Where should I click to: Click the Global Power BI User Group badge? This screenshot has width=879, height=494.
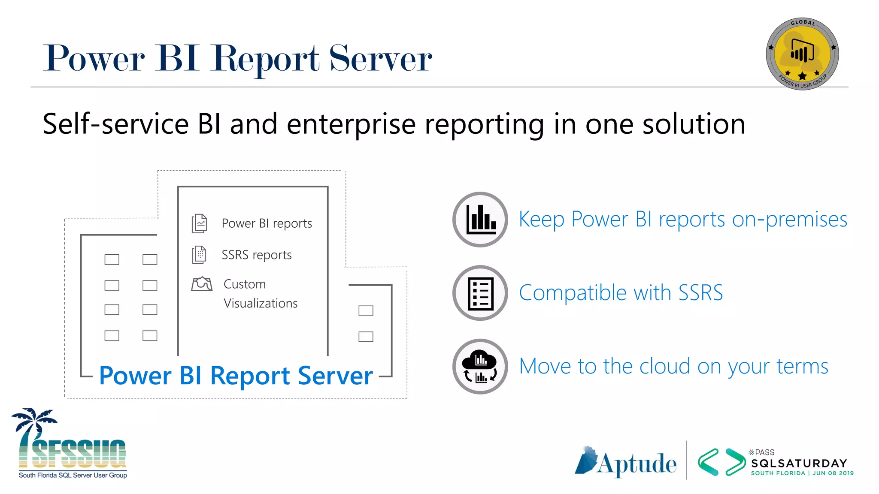(x=802, y=54)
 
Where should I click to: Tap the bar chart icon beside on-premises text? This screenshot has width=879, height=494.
(x=480, y=220)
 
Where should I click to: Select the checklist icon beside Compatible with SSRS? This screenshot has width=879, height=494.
(x=480, y=293)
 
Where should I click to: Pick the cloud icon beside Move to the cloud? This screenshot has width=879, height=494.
(x=480, y=367)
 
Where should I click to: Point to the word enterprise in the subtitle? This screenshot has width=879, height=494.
(x=351, y=124)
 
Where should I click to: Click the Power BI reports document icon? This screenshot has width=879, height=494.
(x=199, y=223)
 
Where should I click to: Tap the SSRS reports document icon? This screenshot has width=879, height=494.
(x=199, y=255)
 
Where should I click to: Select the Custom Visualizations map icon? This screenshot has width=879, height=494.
(x=202, y=284)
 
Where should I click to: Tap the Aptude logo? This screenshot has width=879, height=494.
(x=626, y=463)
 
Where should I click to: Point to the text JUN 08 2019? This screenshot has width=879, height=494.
(x=833, y=473)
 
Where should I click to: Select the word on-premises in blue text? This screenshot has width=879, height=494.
(x=789, y=220)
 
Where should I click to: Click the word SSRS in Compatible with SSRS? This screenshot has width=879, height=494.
(x=700, y=293)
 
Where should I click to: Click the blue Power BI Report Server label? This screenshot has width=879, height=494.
(x=236, y=376)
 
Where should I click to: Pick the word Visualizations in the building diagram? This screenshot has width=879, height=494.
(x=261, y=304)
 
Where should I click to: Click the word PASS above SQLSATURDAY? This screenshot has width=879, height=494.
(x=764, y=452)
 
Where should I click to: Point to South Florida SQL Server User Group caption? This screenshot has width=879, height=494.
(x=73, y=475)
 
